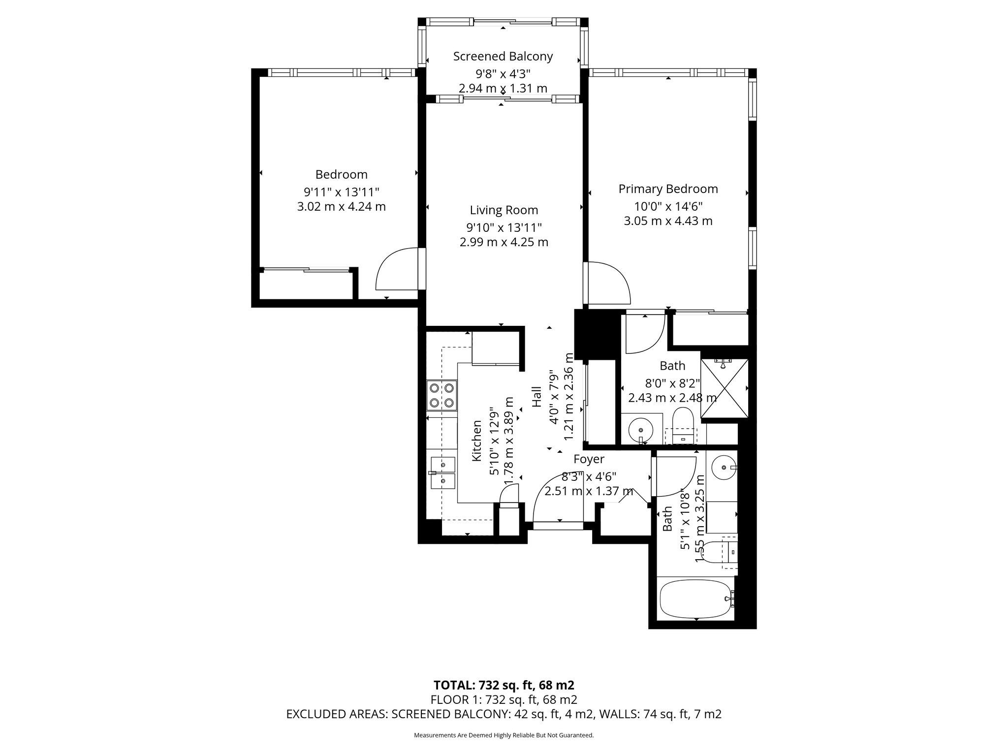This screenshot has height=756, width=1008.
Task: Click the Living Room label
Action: click(504, 211)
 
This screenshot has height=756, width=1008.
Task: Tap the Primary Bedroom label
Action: click(668, 189)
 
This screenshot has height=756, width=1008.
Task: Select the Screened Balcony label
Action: click(503, 57)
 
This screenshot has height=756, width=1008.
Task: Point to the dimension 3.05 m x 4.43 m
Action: click(668, 221)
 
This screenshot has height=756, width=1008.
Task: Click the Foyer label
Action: click(589, 459)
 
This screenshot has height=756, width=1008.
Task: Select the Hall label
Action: click(536, 397)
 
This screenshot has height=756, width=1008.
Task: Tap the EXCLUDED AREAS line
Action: click(504, 714)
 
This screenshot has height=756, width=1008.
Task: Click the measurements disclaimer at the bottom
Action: click(504, 735)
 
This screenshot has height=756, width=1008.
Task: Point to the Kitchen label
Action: click(476, 441)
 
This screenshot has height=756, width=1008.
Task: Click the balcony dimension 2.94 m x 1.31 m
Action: click(503, 89)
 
